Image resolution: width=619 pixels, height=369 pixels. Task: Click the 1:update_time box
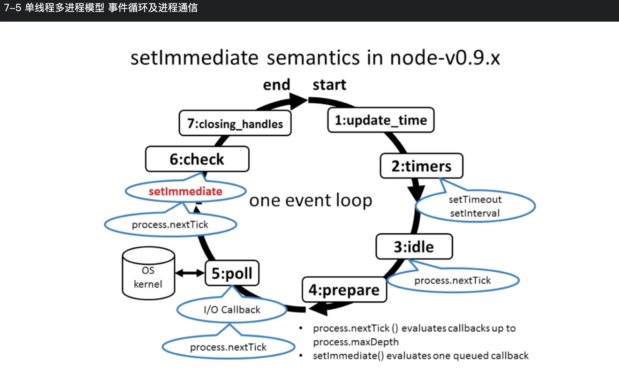pyautogui.click(x=381, y=120)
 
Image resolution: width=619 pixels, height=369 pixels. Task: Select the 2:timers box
pyautogui.click(x=421, y=166)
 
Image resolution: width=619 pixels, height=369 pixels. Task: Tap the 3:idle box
pyautogui.click(x=414, y=247)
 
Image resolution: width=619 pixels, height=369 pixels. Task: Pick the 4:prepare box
pyautogui.click(x=344, y=290)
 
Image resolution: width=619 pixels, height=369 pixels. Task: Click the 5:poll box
pyautogui.click(x=232, y=273)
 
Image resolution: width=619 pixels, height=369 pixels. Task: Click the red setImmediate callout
pyautogui.click(x=185, y=191)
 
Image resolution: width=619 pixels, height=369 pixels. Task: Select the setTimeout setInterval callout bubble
pyautogui.click(x=475, y=206)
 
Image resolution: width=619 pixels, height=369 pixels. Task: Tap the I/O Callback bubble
pyautogui.click(x=232, y=310)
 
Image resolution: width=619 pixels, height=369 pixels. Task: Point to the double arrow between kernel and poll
pyautogui.click(x=190, y=273)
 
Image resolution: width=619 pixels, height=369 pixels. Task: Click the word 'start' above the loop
pyautogui.click(x=329, y=85)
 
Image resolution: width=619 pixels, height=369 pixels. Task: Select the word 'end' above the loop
pyautogui.click(x=276, y=85)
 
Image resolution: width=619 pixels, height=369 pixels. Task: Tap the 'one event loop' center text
pyautogui.click(x=311, y=200)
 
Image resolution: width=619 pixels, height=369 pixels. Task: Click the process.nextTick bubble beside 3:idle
pyautogui.click(x=453, y=280)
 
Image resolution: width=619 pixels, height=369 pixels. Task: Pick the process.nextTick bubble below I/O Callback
pyautogui.click(x=228, y=347)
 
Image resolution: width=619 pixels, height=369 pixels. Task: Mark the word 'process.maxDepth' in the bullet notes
pyautogui.click(x=356, y=342)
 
